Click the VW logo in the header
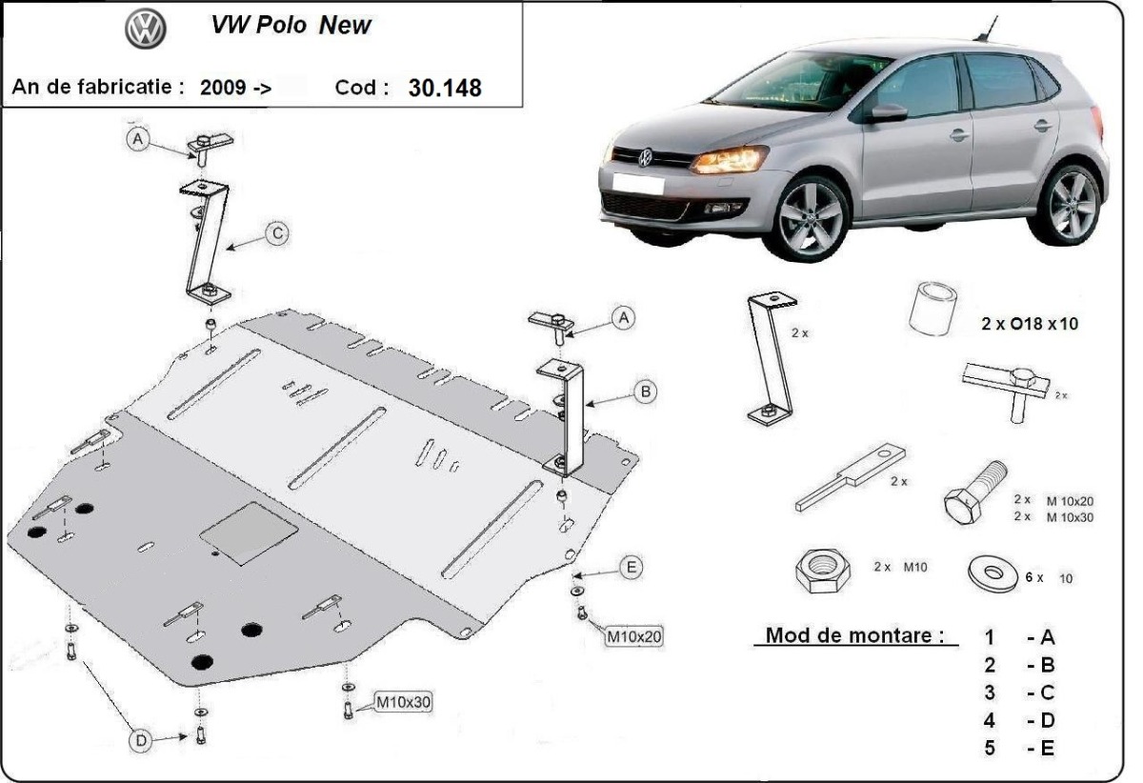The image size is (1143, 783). (146, 29)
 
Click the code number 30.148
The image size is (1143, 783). (445, 88)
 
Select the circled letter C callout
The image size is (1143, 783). (276, 231)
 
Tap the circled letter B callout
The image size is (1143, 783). (645, 391)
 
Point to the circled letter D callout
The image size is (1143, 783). (140, 739)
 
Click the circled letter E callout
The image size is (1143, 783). (630, 568)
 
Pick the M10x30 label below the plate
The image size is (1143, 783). (403, 703)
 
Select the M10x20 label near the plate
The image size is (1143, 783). (633, 634)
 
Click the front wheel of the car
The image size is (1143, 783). (812, 216)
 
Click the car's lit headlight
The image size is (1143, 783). (729, 159)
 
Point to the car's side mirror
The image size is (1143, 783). (887, 113)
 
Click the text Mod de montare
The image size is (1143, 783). (855, 634)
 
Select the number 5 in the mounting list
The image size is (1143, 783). (991, 748)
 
